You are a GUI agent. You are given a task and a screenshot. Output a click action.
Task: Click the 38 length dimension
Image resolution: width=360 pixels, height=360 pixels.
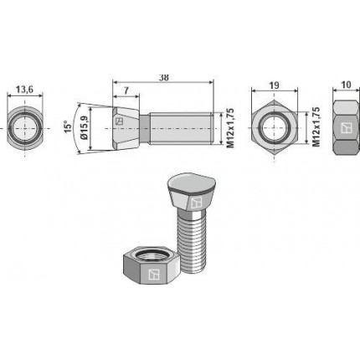point(163,76)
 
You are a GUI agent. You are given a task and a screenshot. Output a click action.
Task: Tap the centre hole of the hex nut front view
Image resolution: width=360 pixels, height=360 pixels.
point(275,128)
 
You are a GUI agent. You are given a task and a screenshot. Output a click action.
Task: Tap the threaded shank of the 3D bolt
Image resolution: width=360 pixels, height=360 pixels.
point(192,243)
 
